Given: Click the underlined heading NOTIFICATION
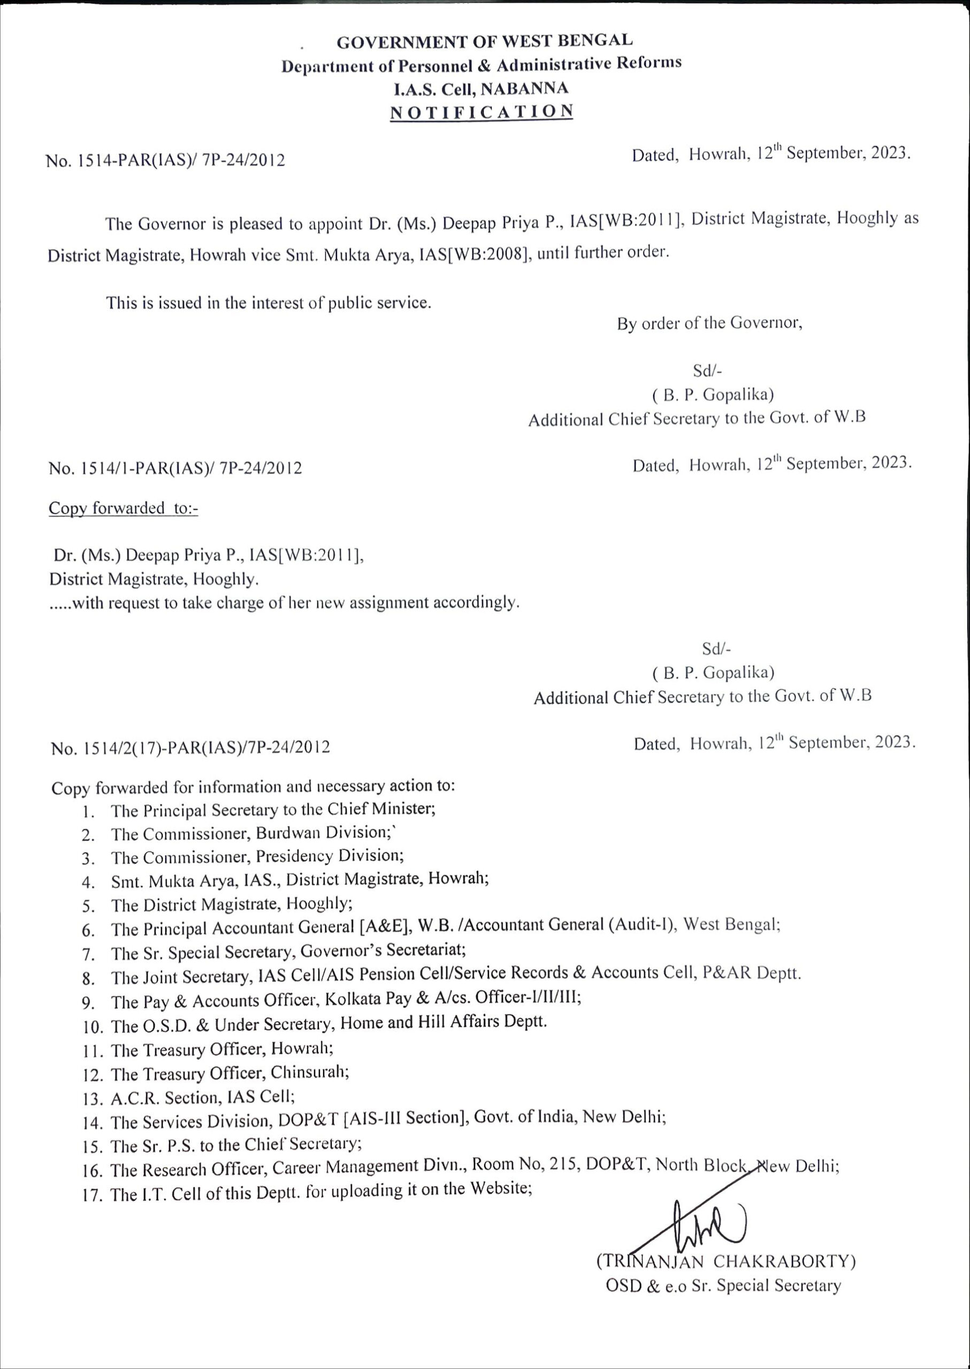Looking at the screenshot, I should click(482, 112).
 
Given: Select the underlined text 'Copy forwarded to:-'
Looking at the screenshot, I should click(123, 508).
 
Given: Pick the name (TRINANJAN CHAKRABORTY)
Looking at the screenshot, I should click(725, 1261).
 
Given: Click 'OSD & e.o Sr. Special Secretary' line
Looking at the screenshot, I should click(723, 1285).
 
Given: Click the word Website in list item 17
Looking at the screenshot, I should click(500, 1188).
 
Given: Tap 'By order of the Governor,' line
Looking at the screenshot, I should click(709, 324).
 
